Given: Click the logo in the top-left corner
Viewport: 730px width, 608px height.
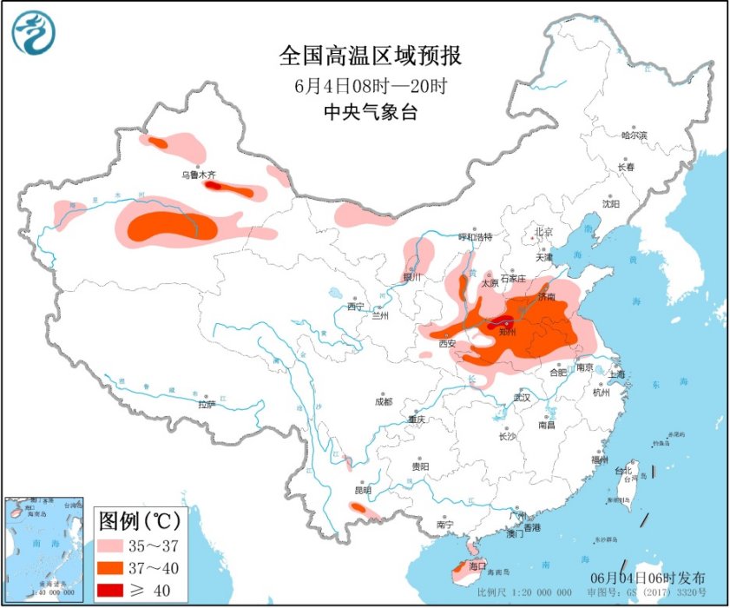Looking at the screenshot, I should pyautogui.click(x=33, y=33).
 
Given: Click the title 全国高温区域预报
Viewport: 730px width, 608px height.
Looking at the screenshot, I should pyautogui.click(x=371, y=56).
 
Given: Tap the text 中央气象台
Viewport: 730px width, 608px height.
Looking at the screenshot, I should pyautogui.click(x=371, y=111).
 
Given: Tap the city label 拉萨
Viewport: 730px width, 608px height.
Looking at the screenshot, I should pyautogui.click(x=206, y=405).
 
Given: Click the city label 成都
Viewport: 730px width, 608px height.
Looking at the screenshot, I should pyautogui.click(x=383, y=401).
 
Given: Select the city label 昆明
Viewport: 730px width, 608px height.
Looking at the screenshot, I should pyautogui.click(x=362, y=491).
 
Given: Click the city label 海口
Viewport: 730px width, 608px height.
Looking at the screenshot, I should pyautogui.click(x=477, y=565).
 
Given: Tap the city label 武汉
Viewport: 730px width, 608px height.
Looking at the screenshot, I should pyautogui.click(x=522, y=397).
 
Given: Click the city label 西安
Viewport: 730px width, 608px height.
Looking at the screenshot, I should pyautogui.click(x=447, y=344).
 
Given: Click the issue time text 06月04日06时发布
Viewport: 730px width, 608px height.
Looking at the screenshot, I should pyautogui.click(x=648, y=578).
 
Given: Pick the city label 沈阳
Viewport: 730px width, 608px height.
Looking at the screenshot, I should pyautogui.click(x=611, y=204).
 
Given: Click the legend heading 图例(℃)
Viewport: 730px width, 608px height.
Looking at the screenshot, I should pyautogui.click(x=139, y=521).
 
